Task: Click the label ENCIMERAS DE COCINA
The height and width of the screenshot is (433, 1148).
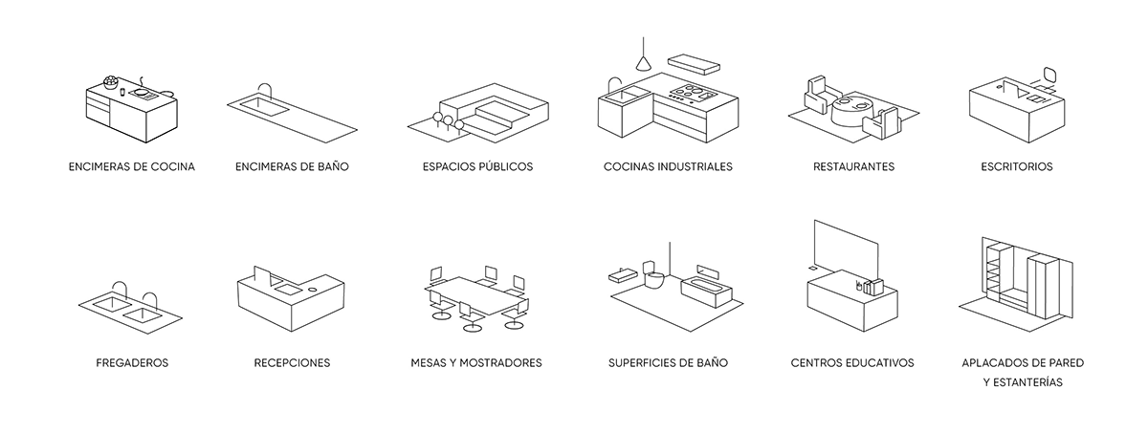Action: coord(132,167)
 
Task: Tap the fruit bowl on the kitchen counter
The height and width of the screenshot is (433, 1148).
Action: coord(110,82)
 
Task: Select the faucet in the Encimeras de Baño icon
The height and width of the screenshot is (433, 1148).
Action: coord(264,91)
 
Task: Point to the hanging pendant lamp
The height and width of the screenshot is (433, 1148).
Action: coord(643,56)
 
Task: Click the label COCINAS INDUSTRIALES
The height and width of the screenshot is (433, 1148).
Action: coord(668,167)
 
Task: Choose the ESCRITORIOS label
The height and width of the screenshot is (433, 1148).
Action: coord(1017,167)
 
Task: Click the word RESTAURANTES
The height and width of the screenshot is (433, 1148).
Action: coord(853,167)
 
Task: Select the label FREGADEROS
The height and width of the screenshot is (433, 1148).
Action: coord(132,363)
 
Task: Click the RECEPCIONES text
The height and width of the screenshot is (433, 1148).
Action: coord(292,363)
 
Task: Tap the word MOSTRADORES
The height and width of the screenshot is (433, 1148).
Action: coord(500,363)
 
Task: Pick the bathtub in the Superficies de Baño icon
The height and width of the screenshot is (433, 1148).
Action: coord(706,292)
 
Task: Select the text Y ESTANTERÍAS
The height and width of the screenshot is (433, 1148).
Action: coord(1023,382)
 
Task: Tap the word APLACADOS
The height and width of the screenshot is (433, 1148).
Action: coord(989,363)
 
